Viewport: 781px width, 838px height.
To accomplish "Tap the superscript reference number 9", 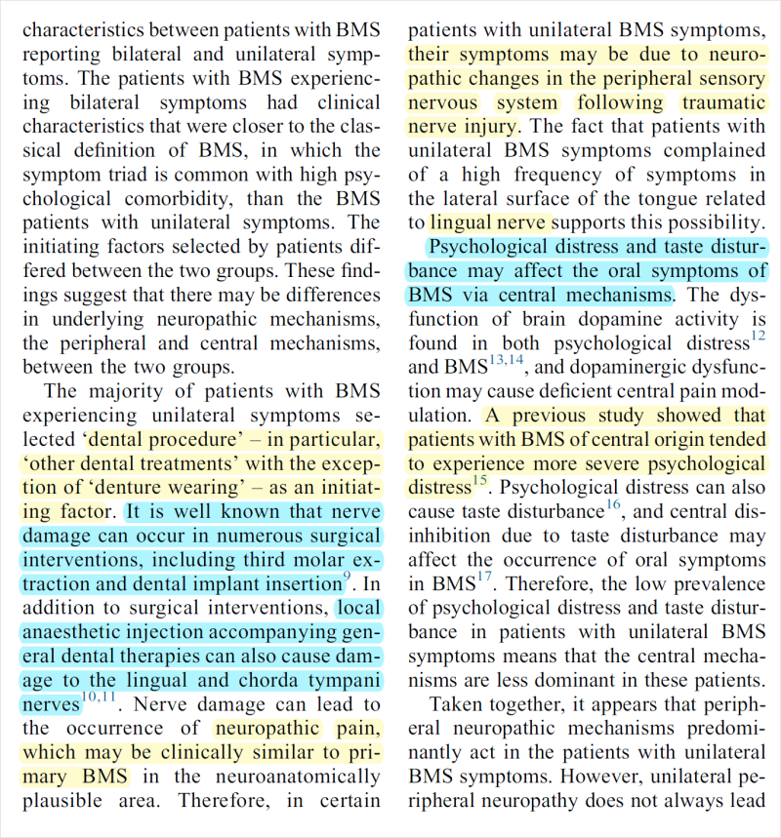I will pos(347,579).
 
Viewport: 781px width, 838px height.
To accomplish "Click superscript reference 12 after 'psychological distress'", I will pos(758,337).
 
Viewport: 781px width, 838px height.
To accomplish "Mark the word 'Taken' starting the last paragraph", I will pos(458,704).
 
